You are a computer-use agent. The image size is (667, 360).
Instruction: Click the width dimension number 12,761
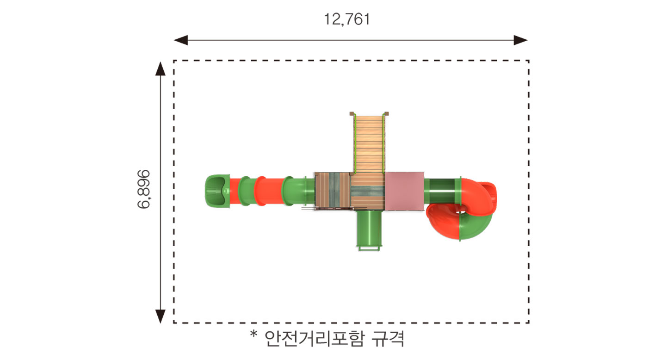tap(347, 19)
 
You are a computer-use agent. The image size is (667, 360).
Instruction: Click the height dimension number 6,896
tap(143, 189)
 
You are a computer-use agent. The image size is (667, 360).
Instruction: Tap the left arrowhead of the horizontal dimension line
tap(181, 40)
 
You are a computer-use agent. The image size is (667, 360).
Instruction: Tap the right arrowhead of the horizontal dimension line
tap(520, 40)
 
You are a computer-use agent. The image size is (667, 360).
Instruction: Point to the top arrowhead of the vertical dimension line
tap(161, 69)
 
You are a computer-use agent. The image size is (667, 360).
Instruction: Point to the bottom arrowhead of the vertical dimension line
tap(161, 316)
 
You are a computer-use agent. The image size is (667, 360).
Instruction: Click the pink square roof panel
tap(404, 191)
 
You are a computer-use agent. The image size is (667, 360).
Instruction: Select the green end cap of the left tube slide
tap(217, 191)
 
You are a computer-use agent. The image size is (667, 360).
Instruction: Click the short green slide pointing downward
tap(369, 230)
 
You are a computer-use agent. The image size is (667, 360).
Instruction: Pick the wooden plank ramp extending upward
tap(369, 143)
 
